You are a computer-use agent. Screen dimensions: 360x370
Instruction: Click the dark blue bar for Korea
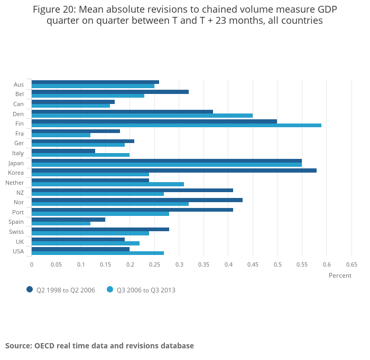point(174,170)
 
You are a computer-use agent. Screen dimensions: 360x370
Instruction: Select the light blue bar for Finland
point(177,125)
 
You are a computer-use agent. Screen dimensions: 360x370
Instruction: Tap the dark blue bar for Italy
point(63,151)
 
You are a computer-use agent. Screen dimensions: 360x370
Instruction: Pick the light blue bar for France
point(61,135)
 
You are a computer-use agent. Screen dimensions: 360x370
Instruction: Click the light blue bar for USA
point(98,253)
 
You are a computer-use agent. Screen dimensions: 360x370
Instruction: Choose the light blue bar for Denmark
point(142,116)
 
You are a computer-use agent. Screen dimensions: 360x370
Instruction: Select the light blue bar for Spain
point(61,223)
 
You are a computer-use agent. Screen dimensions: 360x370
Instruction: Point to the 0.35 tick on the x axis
point(203,264)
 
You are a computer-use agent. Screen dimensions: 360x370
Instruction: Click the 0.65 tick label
point(351,264)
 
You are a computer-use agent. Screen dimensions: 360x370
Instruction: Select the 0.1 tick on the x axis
point(81,264)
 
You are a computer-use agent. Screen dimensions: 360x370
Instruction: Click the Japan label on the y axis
point(16,163)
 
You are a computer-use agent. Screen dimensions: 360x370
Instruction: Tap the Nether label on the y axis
point(14,183)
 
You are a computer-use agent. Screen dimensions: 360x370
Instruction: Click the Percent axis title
point(340,276)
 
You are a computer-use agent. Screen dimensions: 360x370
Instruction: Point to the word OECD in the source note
point(47,346)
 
